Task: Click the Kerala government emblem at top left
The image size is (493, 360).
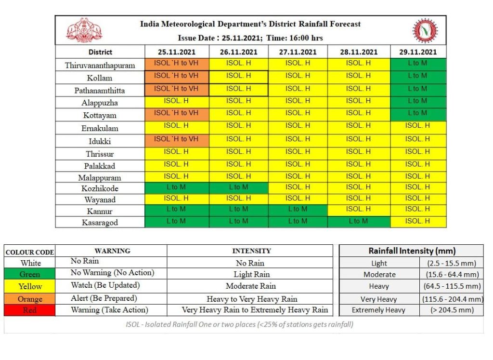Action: click(x=84, y=30)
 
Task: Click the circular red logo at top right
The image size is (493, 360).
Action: click(x=425, y=30)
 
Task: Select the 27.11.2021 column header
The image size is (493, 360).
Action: click(x=298, y=52)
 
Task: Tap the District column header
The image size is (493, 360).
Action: click(x=100, y=52)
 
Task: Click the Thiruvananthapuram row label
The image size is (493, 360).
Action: click(x=100, y=65)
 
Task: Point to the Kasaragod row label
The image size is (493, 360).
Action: click(x=100, y=223)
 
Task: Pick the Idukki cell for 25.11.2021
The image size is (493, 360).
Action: click(x=177, y=140)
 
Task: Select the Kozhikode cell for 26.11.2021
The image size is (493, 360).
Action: click(x=239, y=188)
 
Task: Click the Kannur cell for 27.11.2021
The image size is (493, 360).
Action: click(x=298, y=210)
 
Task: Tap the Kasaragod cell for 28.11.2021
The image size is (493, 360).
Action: click(x=359, y=222)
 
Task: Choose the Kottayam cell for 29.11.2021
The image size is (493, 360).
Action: click(x=418, y=115)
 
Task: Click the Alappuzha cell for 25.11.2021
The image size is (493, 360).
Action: click(x=177, y=102)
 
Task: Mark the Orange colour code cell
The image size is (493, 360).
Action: click(x=29, y=299)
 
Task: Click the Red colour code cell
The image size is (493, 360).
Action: click(x=29, y=310)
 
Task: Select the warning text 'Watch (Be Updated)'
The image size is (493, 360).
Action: click(x=105, y=285)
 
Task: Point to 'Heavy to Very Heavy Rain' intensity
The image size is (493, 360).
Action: click(x=251, y=299)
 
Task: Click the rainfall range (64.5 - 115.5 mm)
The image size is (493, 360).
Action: click(x=452, y=286)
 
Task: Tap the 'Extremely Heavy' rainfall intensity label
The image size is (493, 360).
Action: click(x=378, y=310)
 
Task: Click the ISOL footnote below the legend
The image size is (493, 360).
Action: click(x=239, y=324)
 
